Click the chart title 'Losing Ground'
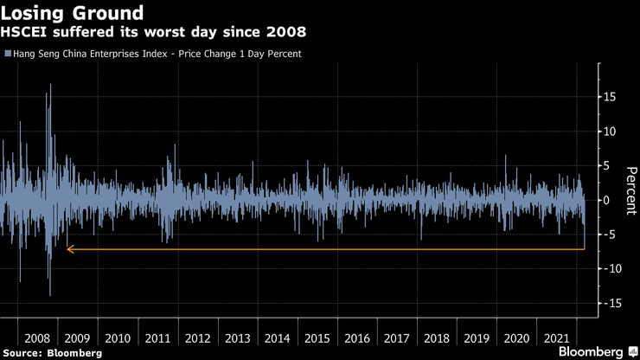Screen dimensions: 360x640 (72, 13)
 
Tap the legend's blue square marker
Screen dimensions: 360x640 (7, 54)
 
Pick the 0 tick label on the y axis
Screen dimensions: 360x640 (607, 200)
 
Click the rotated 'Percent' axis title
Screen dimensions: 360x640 (630, 189)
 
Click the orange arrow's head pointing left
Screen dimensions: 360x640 (70, 249)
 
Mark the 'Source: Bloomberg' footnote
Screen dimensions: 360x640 (52, 353)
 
